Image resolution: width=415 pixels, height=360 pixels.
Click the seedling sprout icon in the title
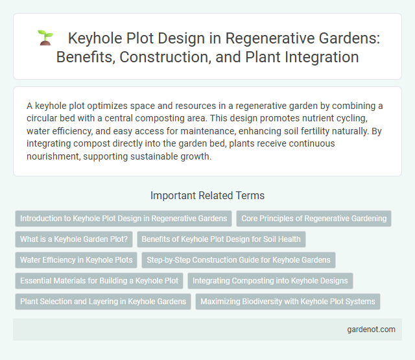click(x=45, y=38)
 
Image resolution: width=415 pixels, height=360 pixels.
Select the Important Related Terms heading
click(x=207, y=195)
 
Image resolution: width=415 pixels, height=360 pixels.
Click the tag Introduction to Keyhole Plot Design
click(x=123, y=219)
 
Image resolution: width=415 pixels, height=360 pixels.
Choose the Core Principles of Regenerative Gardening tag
click(x=314, y=219)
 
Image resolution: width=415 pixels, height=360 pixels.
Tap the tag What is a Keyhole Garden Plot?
click(x=75, y=239)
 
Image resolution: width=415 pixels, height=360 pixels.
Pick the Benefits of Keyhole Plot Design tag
click(x=221, y=239)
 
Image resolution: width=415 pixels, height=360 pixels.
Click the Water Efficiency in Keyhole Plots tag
click(x=76, y=260)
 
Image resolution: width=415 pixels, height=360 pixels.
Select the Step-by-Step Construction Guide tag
click(x=239, y=260)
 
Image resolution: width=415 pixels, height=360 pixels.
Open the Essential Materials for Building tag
click(x=99, y=281)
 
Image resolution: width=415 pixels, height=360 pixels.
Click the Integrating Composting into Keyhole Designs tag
click(x=270, y=281)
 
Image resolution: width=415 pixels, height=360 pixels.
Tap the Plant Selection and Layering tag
click(x=103, y=302)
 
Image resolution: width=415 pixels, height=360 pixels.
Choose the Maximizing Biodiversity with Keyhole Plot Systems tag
click(x=288, y=302)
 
